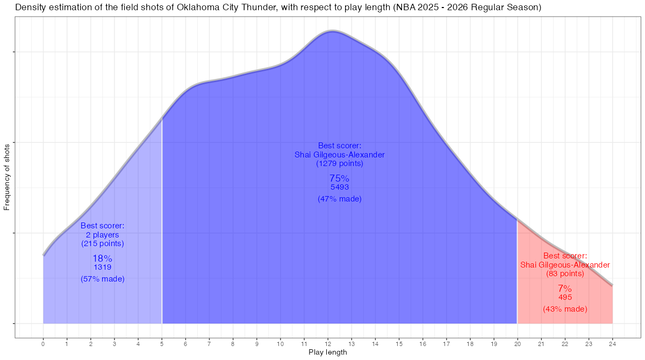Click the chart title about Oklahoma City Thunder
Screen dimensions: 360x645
[278, 8]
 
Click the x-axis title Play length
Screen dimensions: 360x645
[328, 352]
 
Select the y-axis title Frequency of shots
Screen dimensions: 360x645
[7, 177]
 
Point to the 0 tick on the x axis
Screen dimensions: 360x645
[43, 343]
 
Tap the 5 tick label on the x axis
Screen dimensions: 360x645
[162, 343]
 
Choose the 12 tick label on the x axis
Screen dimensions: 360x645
[328, 343]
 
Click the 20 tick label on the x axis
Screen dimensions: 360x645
[517, 343]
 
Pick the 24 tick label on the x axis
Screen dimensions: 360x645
[612, 343]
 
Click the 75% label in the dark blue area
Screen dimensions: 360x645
[339, 178]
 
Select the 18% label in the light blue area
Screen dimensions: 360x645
[102, 258]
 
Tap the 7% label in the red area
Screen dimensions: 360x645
[564, 288]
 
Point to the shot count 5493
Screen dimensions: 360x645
[339, 187]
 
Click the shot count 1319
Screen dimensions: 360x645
[102, 267]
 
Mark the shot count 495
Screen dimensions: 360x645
[564, 297]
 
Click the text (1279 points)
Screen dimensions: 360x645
[339, 163]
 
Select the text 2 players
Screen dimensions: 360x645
[102, 235]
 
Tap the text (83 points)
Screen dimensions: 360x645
[564, 273]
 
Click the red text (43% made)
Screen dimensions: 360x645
[564, 309]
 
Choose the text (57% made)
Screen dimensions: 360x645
[102, 279]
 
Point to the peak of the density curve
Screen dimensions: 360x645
[333, 32]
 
